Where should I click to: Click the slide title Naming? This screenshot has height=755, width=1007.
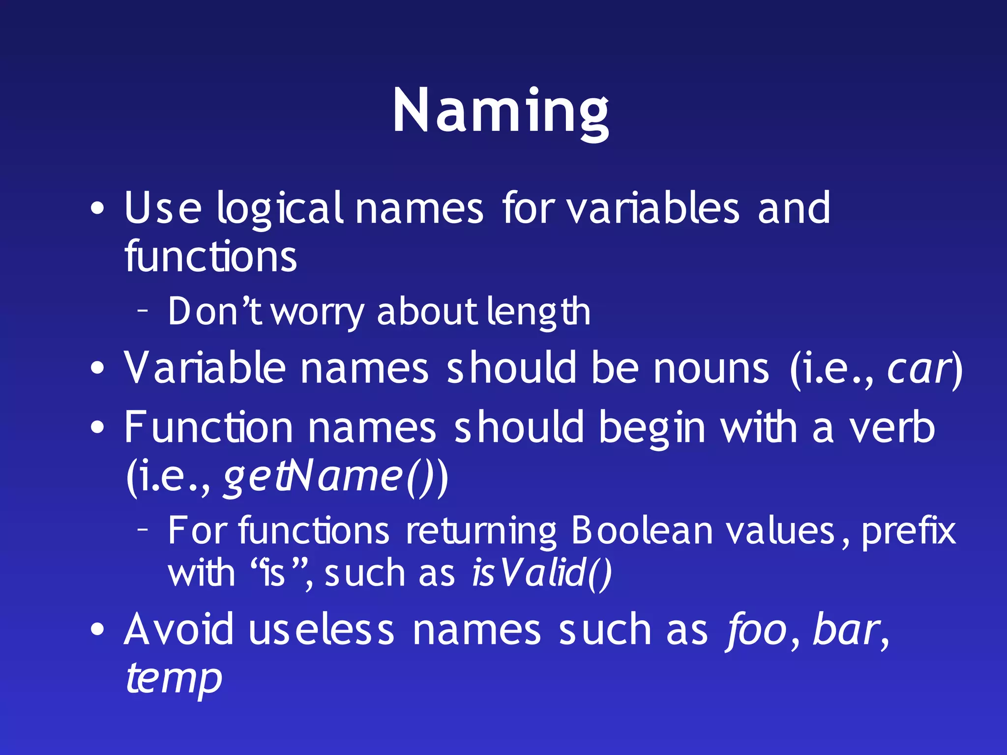[501, 111]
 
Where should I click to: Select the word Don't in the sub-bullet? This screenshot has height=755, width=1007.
[215, 311]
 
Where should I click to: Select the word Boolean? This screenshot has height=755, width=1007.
[642, 531]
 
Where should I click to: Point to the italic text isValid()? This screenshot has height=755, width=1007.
[541, 573]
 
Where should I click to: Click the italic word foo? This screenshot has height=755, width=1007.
[757, 631]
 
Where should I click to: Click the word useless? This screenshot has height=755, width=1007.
[322, 630]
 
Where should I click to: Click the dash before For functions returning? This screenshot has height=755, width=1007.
[143, 529]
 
